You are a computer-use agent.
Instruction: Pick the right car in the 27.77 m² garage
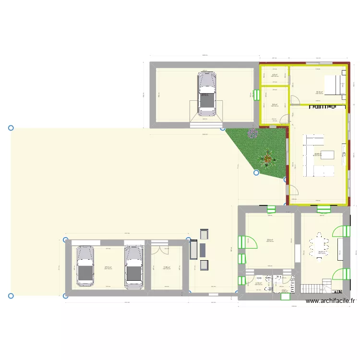click(x=133, y=268)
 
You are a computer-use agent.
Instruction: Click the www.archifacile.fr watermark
click(x=331, y=301)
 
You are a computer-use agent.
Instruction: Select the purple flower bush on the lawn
click(x=251, y=133)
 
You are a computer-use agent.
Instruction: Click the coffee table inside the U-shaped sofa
click(x=327, y=155)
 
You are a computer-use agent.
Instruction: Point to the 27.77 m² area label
click(x=108, y=268)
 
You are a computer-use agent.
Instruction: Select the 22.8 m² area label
click(x=270, y=240)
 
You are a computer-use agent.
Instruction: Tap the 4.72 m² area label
click(x=259, y=283)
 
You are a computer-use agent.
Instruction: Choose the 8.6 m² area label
click(x=275, y=105)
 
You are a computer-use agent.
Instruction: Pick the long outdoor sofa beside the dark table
click(x=193, y=250)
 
